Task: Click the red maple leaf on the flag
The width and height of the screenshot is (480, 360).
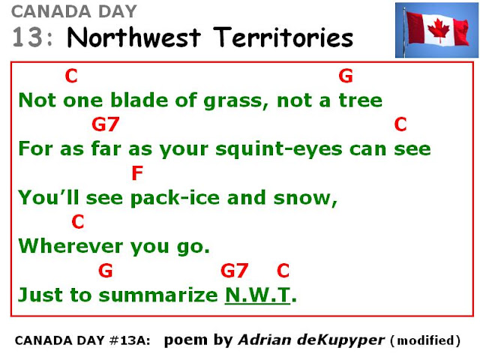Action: [x=438, y=30]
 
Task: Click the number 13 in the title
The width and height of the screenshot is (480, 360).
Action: [x=27, y=37]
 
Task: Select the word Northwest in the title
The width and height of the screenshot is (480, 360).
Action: [x=133, y=37]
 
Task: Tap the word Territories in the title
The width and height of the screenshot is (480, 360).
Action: [x=283, y=37]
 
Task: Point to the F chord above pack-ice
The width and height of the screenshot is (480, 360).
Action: [x=137, y=173]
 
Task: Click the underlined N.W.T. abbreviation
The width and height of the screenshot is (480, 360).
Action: [x=257, y=295]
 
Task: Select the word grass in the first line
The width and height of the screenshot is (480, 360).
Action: [x=236, y=101]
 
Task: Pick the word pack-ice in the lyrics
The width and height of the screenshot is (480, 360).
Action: [x=175, y=198]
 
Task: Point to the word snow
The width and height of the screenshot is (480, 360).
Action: [x=305, y=198]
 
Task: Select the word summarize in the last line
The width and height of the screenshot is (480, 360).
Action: [x=158, y=295]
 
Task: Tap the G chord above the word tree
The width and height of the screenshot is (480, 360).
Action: [x=346, y=76]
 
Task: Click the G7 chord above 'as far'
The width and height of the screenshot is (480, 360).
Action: [x=105, y=124]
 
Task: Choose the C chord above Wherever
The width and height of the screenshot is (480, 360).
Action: [x=78, y=222]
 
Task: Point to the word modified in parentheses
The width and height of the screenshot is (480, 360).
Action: [x=425, y=340]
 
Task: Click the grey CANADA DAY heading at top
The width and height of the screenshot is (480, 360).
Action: [x=74, y=12]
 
